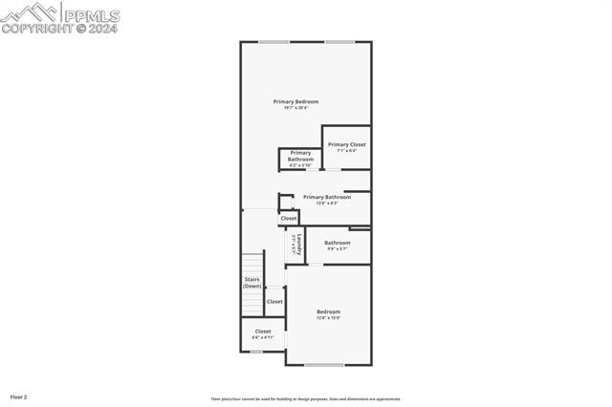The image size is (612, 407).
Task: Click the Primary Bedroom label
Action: [x=295, y=101]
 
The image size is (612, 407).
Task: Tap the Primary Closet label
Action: [x=346, y=144]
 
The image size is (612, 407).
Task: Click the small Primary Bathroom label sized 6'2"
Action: [x=300, y=156]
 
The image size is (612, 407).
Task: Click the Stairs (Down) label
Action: [x=251, y=282]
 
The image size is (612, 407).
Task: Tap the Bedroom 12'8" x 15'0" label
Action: [x=328, y=311]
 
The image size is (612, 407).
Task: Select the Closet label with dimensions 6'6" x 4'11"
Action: [x=262, y=332]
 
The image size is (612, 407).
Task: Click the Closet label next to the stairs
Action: [x=274, y=301]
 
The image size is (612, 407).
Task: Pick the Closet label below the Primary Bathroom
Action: [x=288, y=219]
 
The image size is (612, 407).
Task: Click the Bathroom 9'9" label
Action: [x=337, y=243]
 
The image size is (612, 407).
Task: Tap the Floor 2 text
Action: [x=19, y=396]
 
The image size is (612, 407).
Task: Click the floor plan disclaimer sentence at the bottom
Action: [x=306, y=399]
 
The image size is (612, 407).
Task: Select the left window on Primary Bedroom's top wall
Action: [x=273, y=41]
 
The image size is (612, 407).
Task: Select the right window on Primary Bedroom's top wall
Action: [x=339, y=41]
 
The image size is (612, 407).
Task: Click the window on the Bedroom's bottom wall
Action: [x=324, y=365]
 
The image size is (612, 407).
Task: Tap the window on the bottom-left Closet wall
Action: [x=255, y=352]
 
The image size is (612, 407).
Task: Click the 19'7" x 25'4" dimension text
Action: [x=295, y=108]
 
